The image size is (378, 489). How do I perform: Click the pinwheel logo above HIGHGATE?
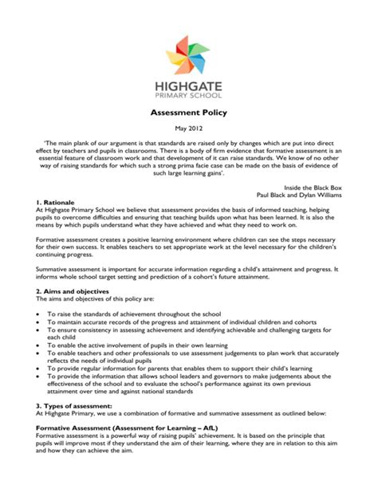[x=189, y=53]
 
